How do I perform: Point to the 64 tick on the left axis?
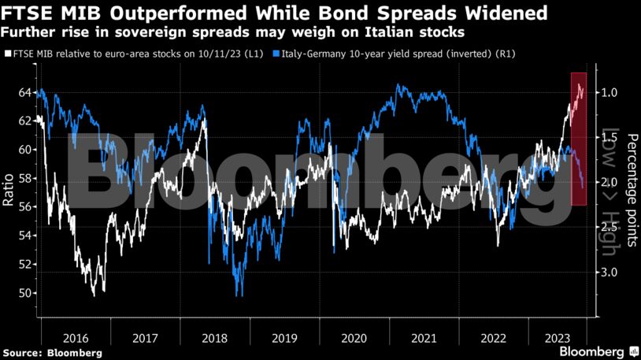click(x=25, y=93)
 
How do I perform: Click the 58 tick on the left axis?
click(x=25, y=179)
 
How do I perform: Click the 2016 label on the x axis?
click(x=75, y=338)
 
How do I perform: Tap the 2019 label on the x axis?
click(x=284, y=338)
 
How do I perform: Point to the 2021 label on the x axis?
click(x=424, y=338)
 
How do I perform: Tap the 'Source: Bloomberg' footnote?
click(x=51, y=352)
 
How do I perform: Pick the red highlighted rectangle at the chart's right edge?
click(x=579, y=139)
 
